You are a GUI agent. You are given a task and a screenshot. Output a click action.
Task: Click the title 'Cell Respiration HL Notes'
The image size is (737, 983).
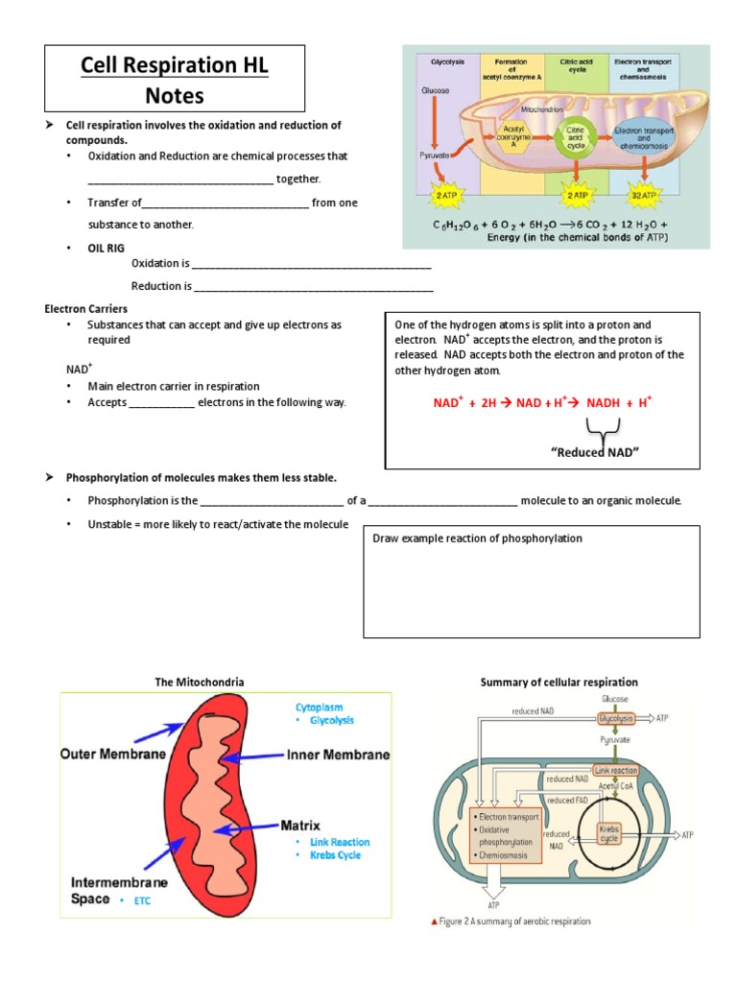175,80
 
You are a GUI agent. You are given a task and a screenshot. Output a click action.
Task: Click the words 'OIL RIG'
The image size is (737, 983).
107,248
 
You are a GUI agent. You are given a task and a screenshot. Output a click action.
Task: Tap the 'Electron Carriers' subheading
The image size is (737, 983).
89,309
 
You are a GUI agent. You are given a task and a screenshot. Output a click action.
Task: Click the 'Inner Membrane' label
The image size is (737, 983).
338,755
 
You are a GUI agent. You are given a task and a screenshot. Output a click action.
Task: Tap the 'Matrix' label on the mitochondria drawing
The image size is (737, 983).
300,825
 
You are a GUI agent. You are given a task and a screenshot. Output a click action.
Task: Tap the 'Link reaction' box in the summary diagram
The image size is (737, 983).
616,770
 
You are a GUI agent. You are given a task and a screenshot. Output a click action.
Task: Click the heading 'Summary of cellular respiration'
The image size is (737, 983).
559,682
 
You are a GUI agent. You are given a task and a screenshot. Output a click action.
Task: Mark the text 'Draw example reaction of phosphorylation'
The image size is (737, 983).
477,539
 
